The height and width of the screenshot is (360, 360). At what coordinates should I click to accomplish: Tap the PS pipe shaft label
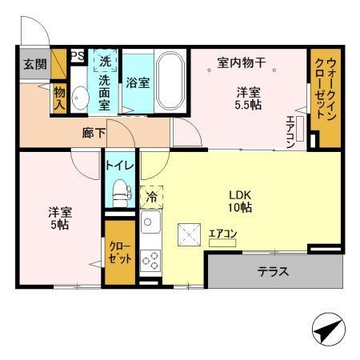(x=78, y=56)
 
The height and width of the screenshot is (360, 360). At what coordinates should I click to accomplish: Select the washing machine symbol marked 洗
(x=104, y=62)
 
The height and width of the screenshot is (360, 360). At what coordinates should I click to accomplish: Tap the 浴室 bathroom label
(x=138, y=81)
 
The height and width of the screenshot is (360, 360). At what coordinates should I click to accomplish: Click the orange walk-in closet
(x=324, y=98)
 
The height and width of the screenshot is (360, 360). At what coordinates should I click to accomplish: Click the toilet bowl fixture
(x=121, y=192)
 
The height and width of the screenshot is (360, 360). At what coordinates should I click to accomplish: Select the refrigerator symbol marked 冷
(x=150, y=194)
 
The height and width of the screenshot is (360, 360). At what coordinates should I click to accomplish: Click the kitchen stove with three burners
(x=150, y=258)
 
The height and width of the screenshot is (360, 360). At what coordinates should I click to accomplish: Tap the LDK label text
(x=240, y=193)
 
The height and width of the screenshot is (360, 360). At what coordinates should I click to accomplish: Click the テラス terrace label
(x=273, y=272)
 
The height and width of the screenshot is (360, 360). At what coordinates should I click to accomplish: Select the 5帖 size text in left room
(x=60, y=225)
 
